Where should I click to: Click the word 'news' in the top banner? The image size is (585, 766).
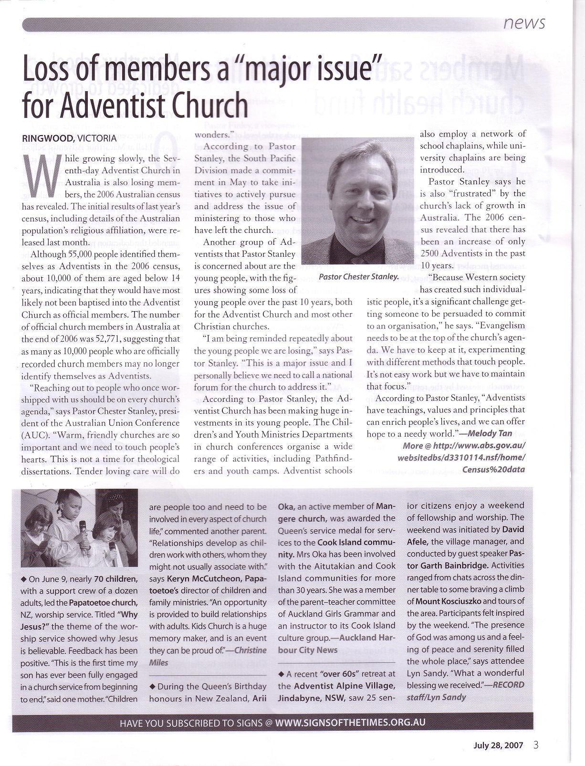point(524,22)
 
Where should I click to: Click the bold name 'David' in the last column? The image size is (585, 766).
point(513,529)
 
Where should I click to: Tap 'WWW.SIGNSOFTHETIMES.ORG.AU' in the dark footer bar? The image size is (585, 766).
point(350,722)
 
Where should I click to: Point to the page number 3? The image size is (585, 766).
point(536,745)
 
